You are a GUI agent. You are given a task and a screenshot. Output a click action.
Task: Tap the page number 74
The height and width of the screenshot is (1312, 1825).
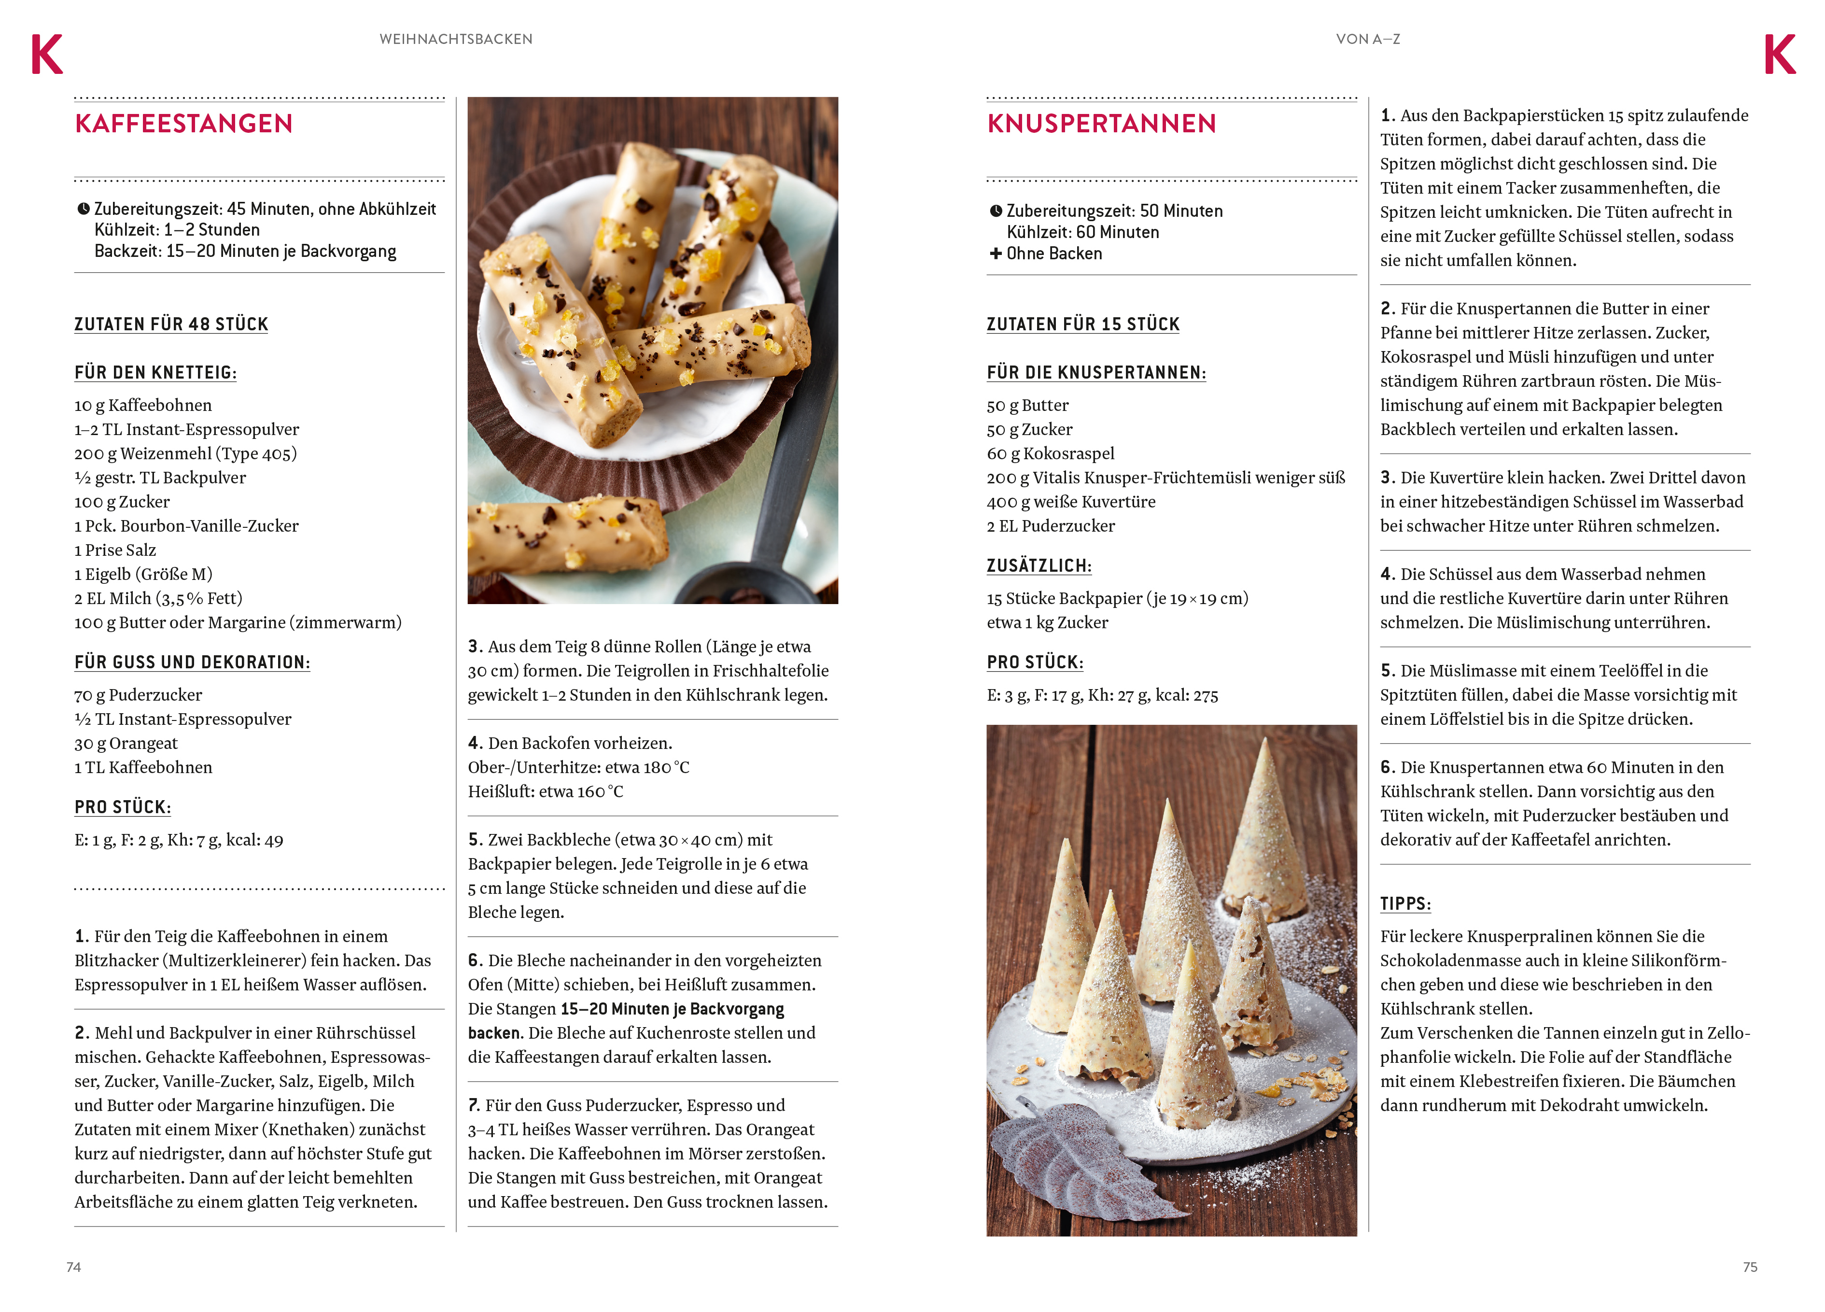pyautogui.click(x=73, y=1267)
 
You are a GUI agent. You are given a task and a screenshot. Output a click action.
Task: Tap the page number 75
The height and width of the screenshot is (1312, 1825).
pyautogui.click(x=1750, y=1267)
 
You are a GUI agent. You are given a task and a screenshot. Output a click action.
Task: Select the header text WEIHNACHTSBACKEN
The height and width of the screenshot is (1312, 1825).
pyautogui.click(x=455, y=39)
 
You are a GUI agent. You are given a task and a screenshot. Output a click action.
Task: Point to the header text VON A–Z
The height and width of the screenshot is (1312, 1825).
pyautogui.click(x=1367, y=39)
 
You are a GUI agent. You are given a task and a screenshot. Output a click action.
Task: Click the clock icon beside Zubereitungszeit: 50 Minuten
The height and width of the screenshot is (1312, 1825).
pyautogui.click(x=996, y=211)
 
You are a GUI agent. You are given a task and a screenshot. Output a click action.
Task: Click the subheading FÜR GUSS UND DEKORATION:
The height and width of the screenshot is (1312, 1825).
pyautogui.click(x=192, y=663)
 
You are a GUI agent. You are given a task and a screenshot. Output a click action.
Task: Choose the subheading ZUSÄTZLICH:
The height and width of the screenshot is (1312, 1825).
pyautogui.click(x=1039, y=566)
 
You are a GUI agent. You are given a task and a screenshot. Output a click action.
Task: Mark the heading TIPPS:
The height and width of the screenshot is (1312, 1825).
pyautogui.click(x=1405, y=904)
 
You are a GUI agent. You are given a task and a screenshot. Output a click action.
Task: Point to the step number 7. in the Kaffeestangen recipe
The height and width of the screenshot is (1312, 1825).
pyautogui.click(x=475, y=1105)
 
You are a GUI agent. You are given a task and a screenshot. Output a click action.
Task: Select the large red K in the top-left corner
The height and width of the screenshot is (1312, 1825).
pyautogui.click(x=47, y=55)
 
